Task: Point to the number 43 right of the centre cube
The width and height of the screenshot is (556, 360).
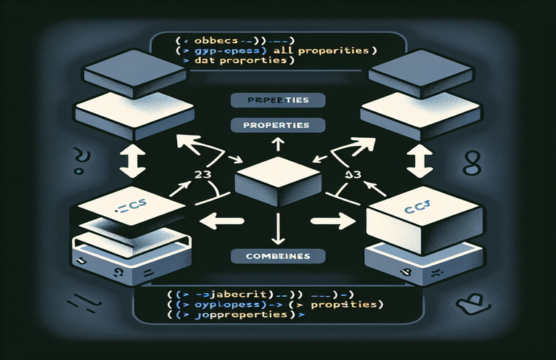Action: point(353,174)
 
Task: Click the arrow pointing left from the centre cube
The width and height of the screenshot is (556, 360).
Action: point(218,219)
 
